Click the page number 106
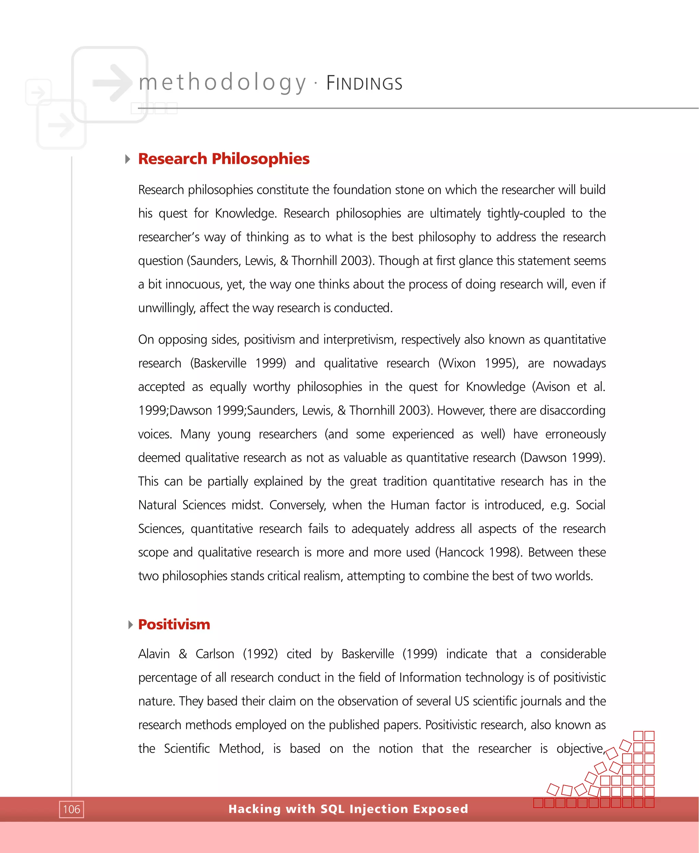[x=71, y=809]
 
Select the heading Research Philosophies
[x=224, y=159]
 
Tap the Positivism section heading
[x=174, y=624]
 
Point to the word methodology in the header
[x=222, y=83]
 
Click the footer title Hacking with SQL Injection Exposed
[x=348, y=809]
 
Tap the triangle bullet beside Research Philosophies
[x=128, y=159]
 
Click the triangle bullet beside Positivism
[x=130, y=625]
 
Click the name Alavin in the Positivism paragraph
[x=154, y=654]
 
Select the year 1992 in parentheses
[x=260, y=654]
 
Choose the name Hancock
[x=461, y=552]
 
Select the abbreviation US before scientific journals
[x=462, y=701]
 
